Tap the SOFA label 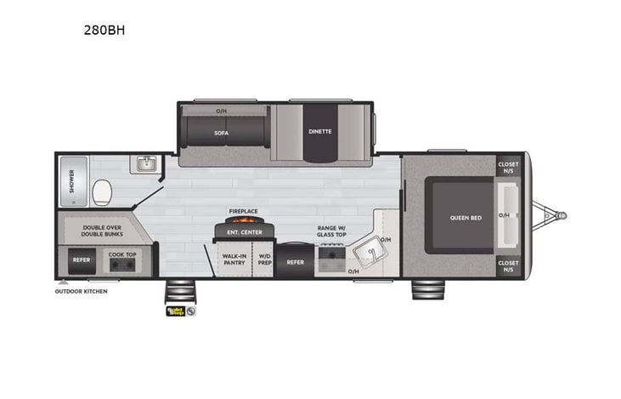[221, 132]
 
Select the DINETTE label [319, 131]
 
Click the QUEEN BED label [465, 218]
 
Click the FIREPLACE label [243, 210]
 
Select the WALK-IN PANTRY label [234, 259]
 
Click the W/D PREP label [264, 259]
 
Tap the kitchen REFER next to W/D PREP [295, 262]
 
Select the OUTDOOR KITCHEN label [82, 291]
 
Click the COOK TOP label [121, 254]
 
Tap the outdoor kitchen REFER [82, 260]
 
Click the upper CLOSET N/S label [508, 167]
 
